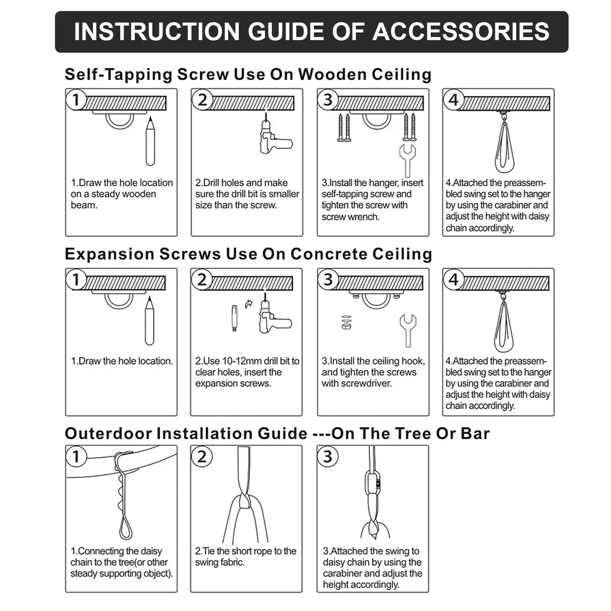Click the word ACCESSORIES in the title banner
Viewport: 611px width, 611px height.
(x=461, y=32)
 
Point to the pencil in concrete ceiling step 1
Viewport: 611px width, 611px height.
(x=149, y=320)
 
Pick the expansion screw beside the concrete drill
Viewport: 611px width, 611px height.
(x=234, y=318)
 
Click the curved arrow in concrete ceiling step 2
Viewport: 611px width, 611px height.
(x=249, y=304)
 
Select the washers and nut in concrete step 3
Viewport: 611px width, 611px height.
(x=346, y=322)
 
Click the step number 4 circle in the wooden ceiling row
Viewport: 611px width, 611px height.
(x=453, y=100)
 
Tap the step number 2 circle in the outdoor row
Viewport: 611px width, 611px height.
(x=202, y=456)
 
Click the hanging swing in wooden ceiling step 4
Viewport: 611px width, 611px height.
(x=504, y=146)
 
